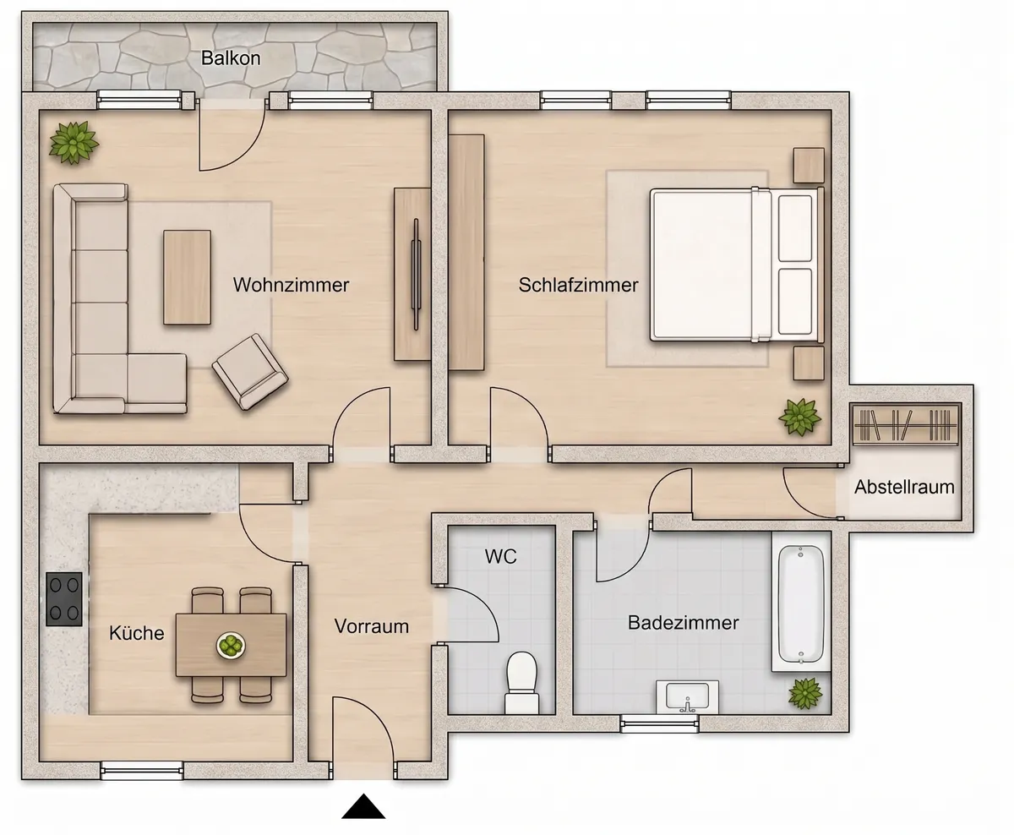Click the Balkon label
point(231,58)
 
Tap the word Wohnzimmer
point(291,285)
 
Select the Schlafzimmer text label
point(578,285)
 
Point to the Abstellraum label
point(904,487)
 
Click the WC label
point(500,556)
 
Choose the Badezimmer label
point(684,623)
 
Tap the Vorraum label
point(371,626)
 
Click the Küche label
point(137,632)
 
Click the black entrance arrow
point(363,806)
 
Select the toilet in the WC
point(521,683)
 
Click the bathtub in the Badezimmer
point(801,603)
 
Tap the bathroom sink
point(688,697)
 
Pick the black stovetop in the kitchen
point(64,599)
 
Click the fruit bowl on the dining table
point(232,646)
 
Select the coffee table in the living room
point(187,277)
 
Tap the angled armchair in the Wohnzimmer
point(250,372)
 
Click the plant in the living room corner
point(74,142)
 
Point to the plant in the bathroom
point(805,693)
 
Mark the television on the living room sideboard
point(416,274)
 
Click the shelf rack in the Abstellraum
point(905,425)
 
